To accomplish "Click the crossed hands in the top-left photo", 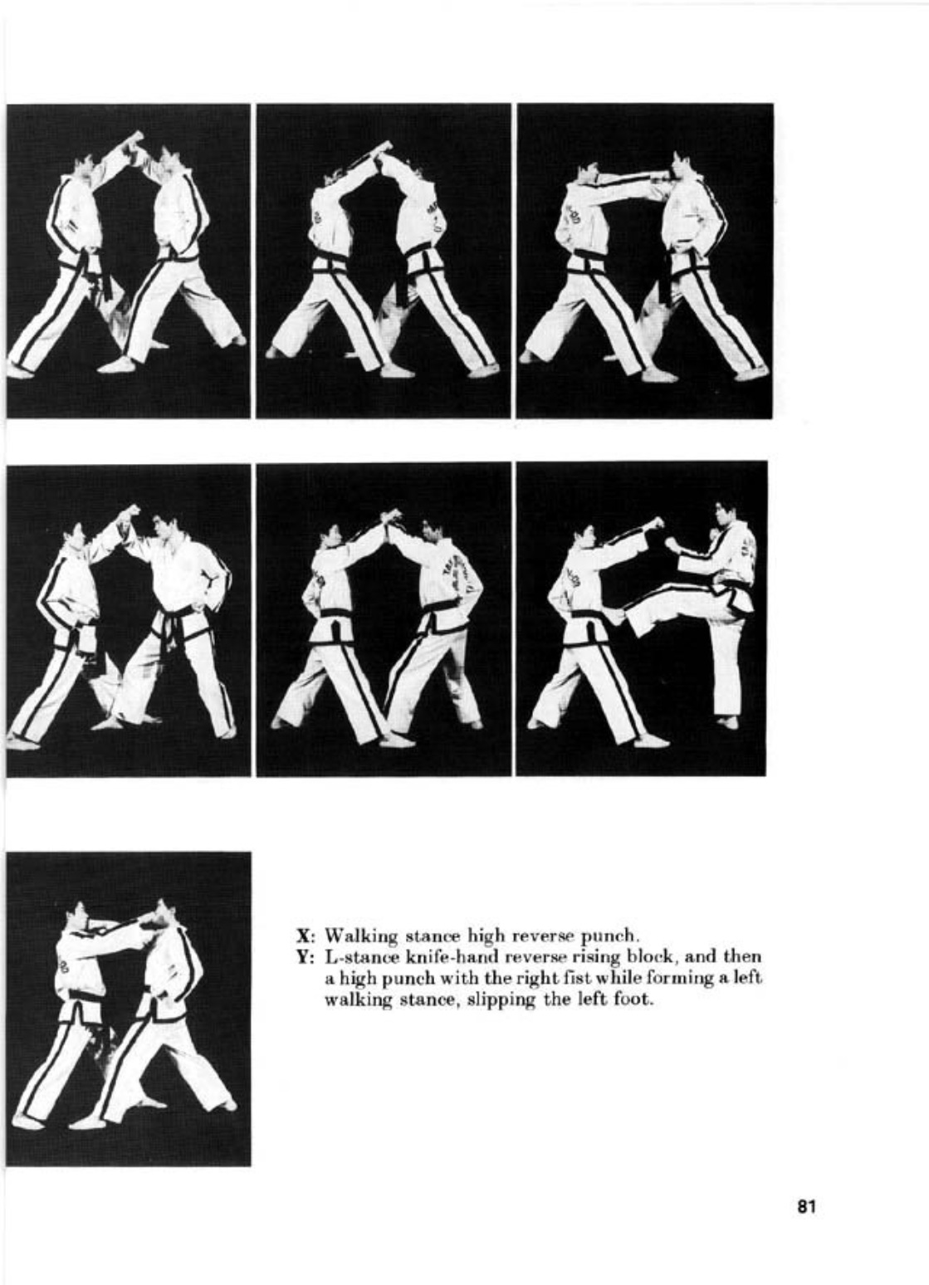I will coord(131,141).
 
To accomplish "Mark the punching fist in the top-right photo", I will coord(665,177).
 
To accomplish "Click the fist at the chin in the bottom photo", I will coord(152,922).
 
